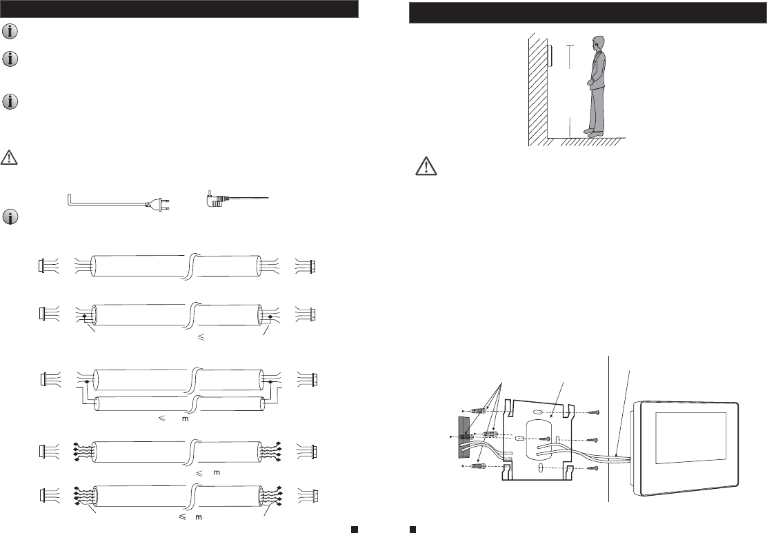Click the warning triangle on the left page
pyautogui.click(x=9, y=157)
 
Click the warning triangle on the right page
pyautogui.click(x=426, y=165)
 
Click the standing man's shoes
pyautogui.click(x=593, y=132)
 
